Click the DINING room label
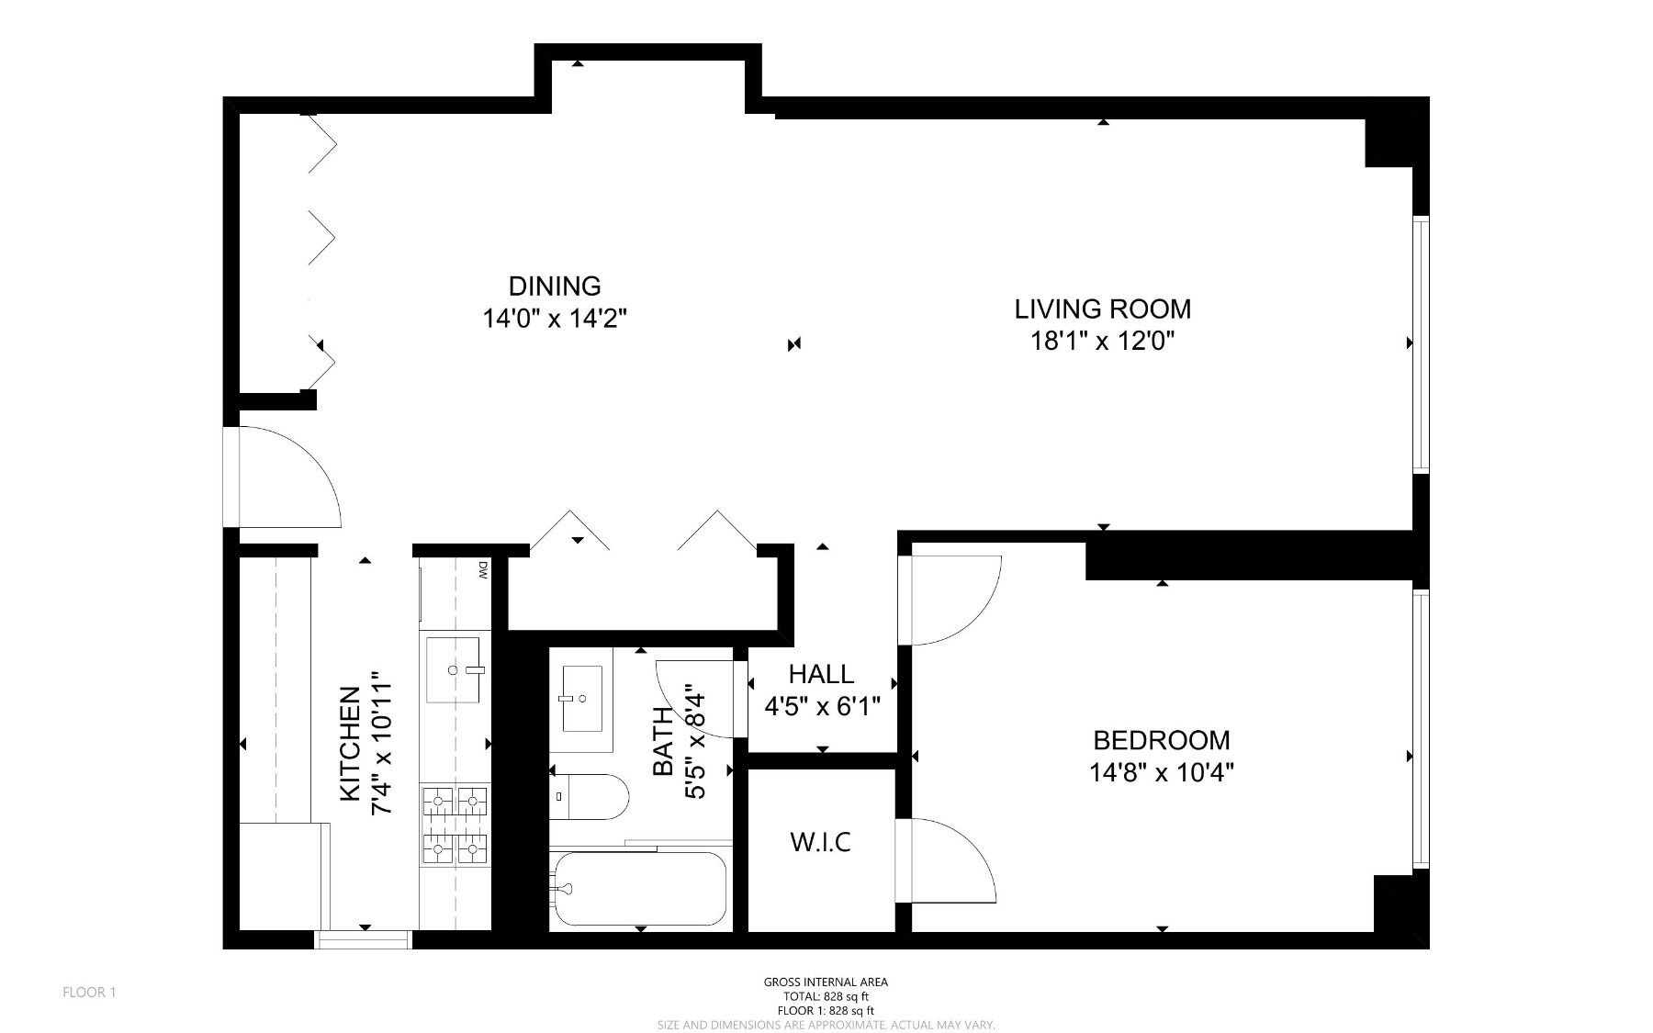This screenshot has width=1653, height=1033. (x=555, y=286)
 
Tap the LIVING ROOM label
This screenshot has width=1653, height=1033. (x=1102, y=309)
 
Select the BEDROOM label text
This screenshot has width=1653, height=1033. (x=1161, y=740)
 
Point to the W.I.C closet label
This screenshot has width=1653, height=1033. (x=821, y=841)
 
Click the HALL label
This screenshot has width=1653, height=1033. (x=821, y=674)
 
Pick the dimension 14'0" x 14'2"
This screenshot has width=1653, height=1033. (x=555, y=319)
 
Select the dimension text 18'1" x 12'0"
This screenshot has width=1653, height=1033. (x=1102, y=342)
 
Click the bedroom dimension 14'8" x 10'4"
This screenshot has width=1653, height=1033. (x=1161, y=772)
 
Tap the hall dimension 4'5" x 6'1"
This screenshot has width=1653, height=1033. (x=822, y=706)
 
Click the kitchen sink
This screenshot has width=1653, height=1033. (x=453, y=669)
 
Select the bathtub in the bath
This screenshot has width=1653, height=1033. (x=640, y=889)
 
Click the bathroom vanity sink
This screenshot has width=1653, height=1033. (x=581, y=699)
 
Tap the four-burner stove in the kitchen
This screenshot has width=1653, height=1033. (x=455, y=825)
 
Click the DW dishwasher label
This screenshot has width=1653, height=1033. (x=481, y=571)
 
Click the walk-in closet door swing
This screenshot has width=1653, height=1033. (x=970, y=849)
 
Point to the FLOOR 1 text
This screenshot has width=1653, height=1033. (x=89, y=992)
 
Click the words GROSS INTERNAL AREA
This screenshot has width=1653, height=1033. (x=826, y=982)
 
